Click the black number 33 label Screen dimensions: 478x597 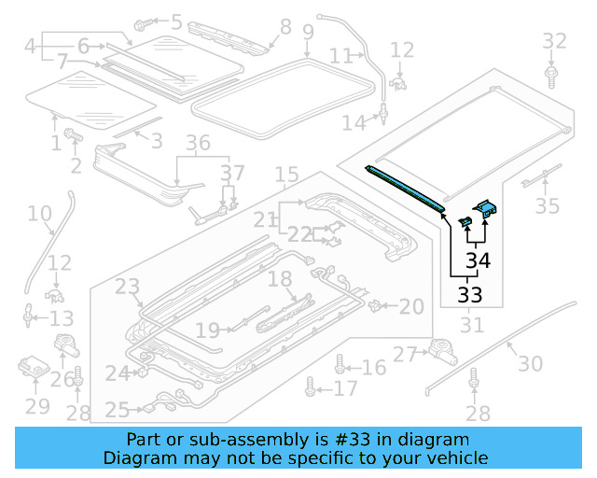point(470,295)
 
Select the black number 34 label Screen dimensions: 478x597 point(478,260)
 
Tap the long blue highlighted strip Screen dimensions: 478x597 point(407,186)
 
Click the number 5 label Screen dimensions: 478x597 point(176,20)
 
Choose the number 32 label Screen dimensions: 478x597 point(554,41)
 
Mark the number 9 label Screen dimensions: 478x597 point(308,35)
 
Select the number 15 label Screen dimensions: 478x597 point(286,175)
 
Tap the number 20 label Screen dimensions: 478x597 point(411,305)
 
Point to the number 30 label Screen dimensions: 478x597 point(529,364)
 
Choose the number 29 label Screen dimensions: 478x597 point(36,406)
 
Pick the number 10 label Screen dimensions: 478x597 point(39,215)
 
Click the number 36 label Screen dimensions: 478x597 point(198,144)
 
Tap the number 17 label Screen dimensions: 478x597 point(345,388)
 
